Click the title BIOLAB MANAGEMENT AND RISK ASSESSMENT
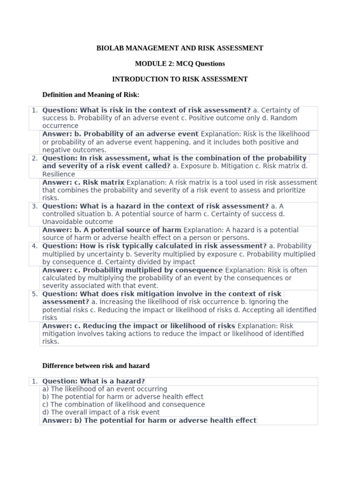pos(180,48)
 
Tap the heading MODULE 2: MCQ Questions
pos(180,64)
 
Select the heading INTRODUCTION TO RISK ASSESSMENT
pos(180,79)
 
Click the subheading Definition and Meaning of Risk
pos(91,95)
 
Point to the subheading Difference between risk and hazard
pos(96,365)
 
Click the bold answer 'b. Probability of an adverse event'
pos(120,134)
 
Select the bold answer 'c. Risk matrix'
pos(83,182)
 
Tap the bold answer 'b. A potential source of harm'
pos(112,230)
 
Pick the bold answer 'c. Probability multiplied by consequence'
pos(133,270)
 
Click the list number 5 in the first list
pos(34,294)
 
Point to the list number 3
pos(34,206)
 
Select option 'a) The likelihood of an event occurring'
pos(105,389)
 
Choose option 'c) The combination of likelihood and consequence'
pos(123,405)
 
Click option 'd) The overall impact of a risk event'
pos(101,412)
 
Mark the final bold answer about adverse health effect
pos(149,420)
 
